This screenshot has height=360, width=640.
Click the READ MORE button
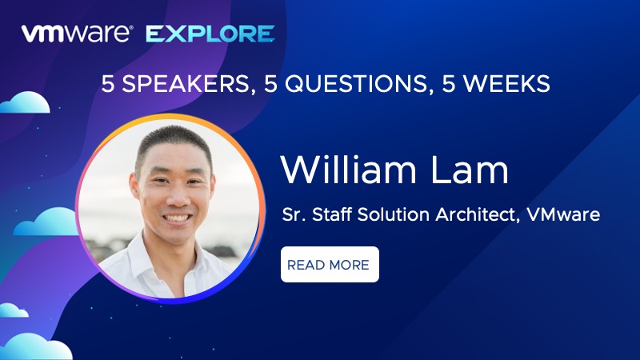coord(330,265)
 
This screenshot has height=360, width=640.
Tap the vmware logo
coord(77,34)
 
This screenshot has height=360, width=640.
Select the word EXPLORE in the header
coord(210,34)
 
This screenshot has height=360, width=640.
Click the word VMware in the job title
coord(563,214)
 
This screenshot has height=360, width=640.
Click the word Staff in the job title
coord(332,214)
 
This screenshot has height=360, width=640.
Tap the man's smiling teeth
coord(177,218)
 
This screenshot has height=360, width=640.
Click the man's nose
coord(176,196)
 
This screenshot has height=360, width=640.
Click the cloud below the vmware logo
coord(26,102)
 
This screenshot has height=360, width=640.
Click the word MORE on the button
coord(349,265)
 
